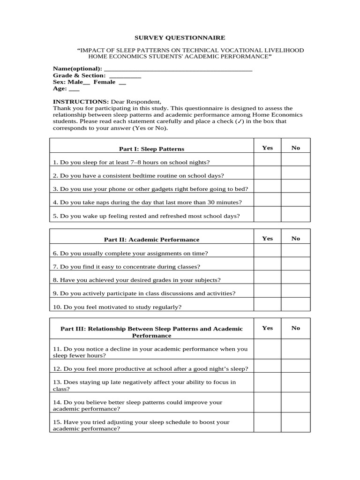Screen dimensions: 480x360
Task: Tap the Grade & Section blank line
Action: (125, 76)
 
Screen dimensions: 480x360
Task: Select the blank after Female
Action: (122, 82)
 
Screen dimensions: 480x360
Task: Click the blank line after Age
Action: (74, 89)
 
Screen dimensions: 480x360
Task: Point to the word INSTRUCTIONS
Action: (81, 102)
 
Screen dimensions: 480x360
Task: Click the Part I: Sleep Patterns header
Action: (151, 149)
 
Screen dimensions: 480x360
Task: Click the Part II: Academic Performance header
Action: (151, 240)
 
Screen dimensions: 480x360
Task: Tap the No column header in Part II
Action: (295, 239)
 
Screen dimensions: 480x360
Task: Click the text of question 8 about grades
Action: (136, 280)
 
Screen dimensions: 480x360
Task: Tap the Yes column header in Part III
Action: (267, 328)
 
